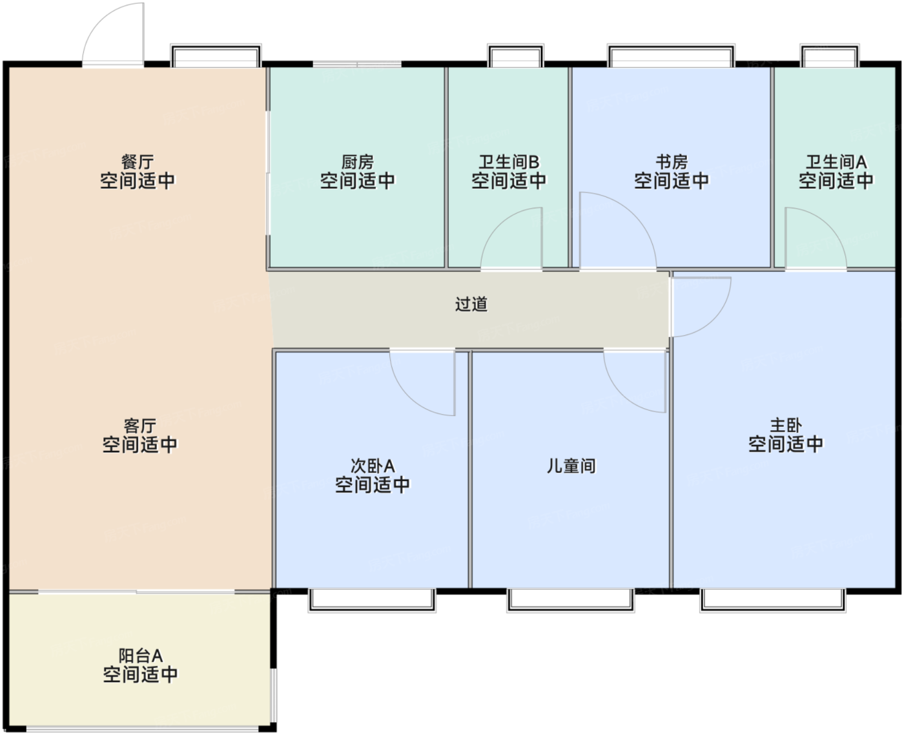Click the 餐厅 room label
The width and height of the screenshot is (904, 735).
point(138,161)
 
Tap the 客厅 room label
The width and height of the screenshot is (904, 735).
point(139,426)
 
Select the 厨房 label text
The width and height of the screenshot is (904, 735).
point(357,161)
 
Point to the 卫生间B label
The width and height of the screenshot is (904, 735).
point(509,161)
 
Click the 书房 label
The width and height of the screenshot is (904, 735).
point(672,161)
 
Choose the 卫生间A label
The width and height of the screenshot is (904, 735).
point(836,161)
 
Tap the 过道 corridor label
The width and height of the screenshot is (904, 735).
point(471,304)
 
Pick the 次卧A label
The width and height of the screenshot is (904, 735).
point(373,466)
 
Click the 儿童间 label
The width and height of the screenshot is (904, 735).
point(571,466)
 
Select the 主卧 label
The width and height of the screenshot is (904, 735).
point(786,426)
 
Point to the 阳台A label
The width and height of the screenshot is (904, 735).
point(140,656)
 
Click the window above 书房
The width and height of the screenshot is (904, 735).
point(671,55)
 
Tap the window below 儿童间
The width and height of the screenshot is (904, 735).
point(571,600)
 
